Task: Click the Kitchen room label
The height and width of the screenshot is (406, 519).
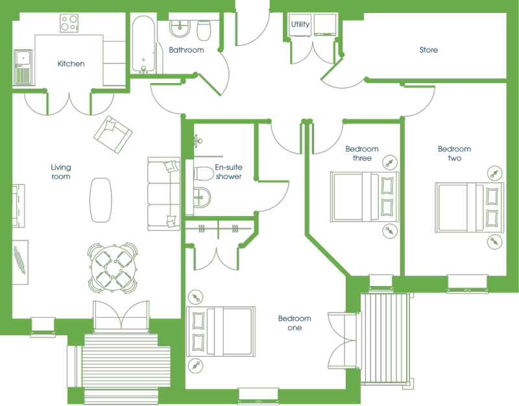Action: point(71,64)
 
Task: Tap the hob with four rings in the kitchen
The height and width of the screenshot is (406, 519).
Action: point(69,23)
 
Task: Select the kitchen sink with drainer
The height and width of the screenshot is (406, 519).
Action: point(23,67)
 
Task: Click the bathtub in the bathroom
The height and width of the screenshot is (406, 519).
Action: point(143,45)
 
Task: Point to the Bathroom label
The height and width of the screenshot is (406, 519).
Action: point(186,50)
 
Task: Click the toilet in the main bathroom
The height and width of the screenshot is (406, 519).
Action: point(204,30)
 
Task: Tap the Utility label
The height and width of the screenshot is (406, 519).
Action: point(300,24)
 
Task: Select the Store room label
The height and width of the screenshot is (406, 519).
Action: point(429,50)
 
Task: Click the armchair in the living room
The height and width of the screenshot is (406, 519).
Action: point(113,134)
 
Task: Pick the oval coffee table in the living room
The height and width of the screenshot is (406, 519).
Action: point(101,200)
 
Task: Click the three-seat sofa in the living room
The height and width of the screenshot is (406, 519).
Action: point(163,194)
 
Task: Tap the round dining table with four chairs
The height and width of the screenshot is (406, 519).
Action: point(112,268)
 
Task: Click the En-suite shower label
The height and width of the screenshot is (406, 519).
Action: point(228,172)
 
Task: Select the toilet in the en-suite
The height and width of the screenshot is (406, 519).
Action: point(203,173)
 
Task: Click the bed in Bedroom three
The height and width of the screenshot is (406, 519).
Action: point(365,197)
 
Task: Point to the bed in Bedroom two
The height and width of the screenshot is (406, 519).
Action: point(469,208)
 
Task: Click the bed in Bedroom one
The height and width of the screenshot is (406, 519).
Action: point(221,331)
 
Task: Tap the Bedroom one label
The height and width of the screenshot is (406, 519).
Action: point(295,323)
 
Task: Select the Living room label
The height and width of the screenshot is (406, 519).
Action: point(61,172)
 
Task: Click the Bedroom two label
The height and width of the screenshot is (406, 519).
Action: point(455,154)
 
